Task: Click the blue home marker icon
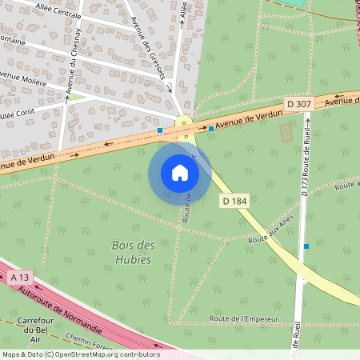coord(180,173)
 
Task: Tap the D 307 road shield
coord(298,104)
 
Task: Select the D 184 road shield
coord(234,201)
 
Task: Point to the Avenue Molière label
coord(22,78)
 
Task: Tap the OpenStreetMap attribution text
coord(80,354)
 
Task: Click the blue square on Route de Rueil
coord(306,246)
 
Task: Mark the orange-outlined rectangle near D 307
coord(286,133)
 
